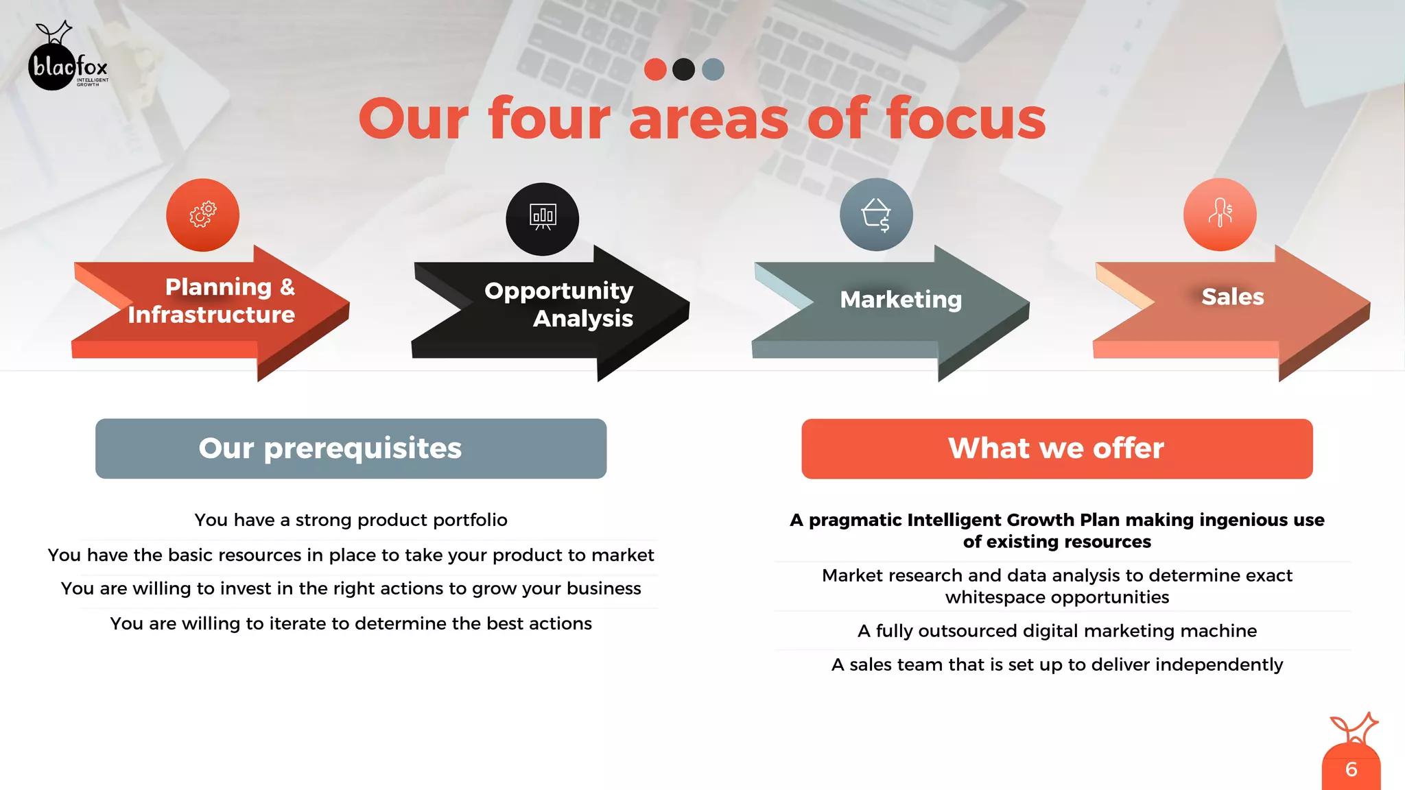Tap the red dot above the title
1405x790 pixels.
(x=655, y=69)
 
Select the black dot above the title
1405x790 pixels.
(x=684, y=69)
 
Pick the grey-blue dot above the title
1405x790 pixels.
(x=713, y=69)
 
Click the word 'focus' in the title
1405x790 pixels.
(x=966, y=119)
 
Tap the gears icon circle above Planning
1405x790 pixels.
(x=202, y=215)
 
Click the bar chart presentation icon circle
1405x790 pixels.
(x=543, y=219)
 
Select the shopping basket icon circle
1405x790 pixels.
(x=876, y=215)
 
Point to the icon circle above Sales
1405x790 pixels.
(x=1220, y=215)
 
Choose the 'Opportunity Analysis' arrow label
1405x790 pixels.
(x=559, y=304)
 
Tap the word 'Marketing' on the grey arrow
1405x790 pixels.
(x=901, y=300)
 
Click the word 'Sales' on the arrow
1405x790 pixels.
(x=1232, y=297)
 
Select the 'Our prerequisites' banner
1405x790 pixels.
(x=351, y=448)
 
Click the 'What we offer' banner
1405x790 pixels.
(x=1056, y=448)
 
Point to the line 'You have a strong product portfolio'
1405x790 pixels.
(x=351, y=520)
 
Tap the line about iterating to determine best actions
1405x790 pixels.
(x=351, y=623)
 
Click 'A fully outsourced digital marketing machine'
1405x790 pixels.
(x=1056, y=631)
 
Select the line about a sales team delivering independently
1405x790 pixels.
(x=1056, y=665)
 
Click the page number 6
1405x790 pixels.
(x=1351, y=769)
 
